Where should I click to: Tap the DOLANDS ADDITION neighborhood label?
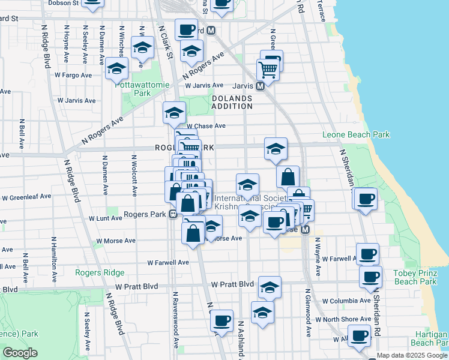[232, 101]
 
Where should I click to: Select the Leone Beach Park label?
[356, 135]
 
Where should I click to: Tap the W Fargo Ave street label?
[73, 75]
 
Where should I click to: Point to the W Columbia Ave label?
[346, 301]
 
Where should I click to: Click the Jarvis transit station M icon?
[261, 86]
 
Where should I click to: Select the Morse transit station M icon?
[305, 230]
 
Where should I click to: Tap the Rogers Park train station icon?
[172, 214]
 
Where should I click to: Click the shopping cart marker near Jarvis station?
[268, 70]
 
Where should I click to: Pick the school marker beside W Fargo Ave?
[116, 68]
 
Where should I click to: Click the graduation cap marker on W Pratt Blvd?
[270, 287]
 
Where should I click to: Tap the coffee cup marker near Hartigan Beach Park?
[360, 337]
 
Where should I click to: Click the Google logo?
[20, 353]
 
